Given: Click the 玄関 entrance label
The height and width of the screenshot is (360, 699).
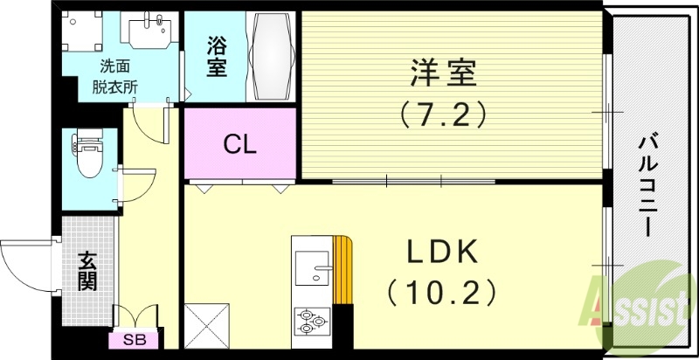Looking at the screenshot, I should coord(87,271).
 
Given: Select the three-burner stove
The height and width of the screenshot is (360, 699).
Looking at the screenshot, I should coord(311,322).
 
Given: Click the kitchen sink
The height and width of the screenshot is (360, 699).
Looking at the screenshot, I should coord(312,266).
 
